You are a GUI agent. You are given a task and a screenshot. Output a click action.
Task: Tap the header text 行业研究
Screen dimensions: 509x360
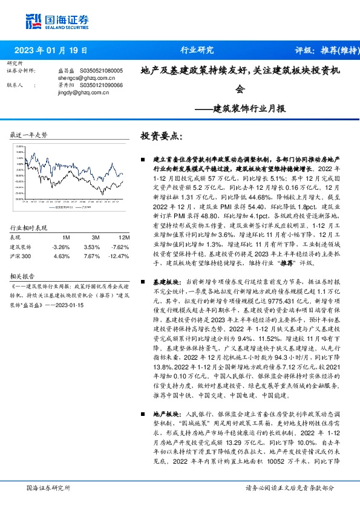(x=197, y=50)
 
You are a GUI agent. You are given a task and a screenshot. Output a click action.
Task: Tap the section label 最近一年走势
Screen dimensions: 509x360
(x=29, y=135)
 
